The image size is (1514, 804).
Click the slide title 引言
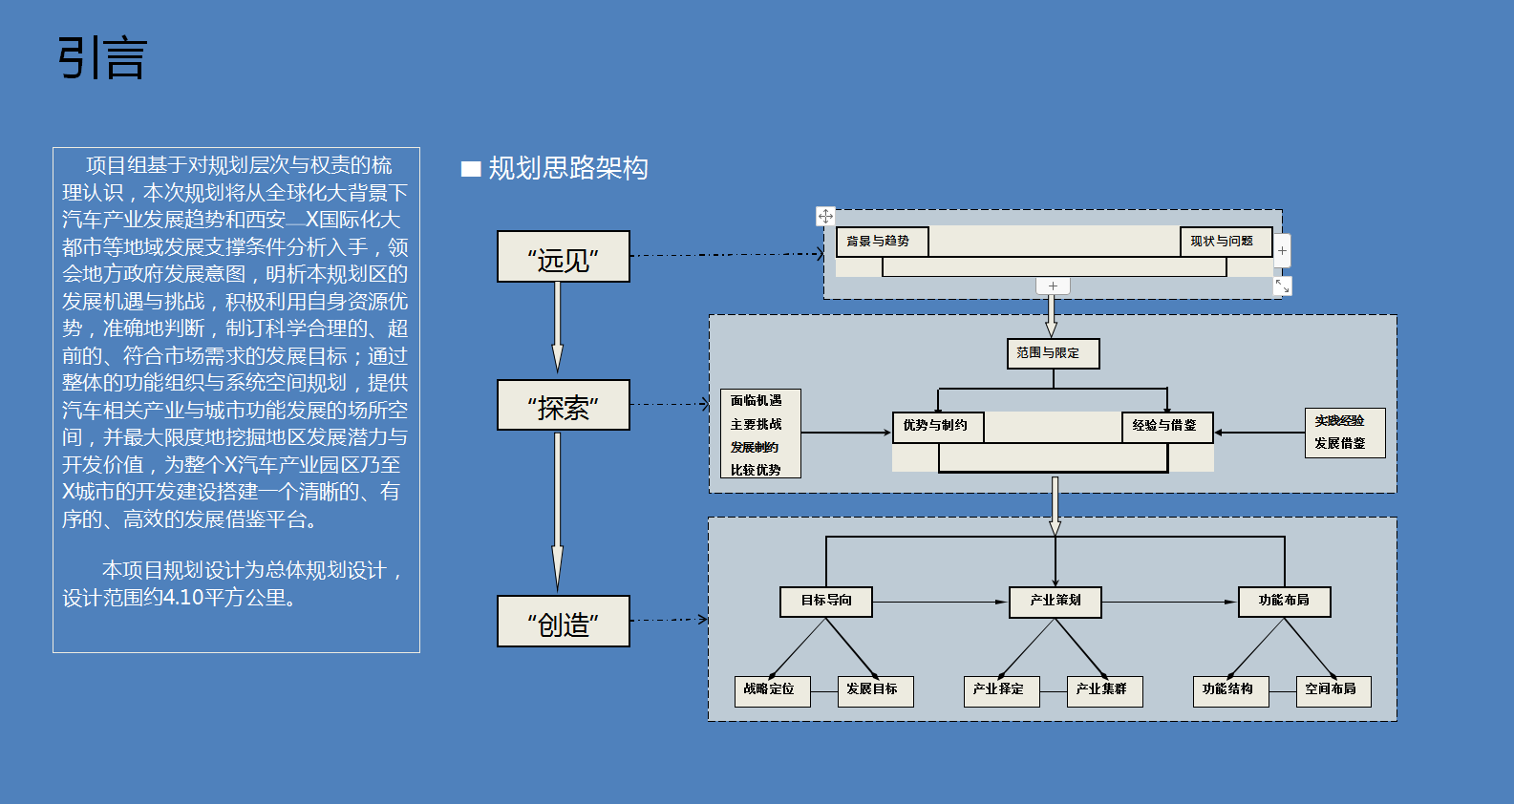102,58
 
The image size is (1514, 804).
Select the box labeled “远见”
563,257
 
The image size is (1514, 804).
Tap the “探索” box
563,405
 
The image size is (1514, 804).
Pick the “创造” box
563,621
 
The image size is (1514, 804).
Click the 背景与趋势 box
882,242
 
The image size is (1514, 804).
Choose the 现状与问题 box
1226,242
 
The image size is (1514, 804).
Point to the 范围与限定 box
1053,353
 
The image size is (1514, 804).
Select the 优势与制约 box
938,427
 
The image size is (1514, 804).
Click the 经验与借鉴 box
1167,427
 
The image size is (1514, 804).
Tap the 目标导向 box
826,602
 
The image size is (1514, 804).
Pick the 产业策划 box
1056,602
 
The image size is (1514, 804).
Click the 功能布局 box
1284,602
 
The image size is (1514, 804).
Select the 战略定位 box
773,691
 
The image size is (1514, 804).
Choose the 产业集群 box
1105,691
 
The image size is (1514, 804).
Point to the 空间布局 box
1333,691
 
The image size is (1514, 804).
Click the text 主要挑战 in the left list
756,424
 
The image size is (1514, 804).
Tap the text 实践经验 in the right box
1339,421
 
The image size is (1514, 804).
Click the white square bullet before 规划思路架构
470,169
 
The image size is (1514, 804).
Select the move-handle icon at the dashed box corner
825,216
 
